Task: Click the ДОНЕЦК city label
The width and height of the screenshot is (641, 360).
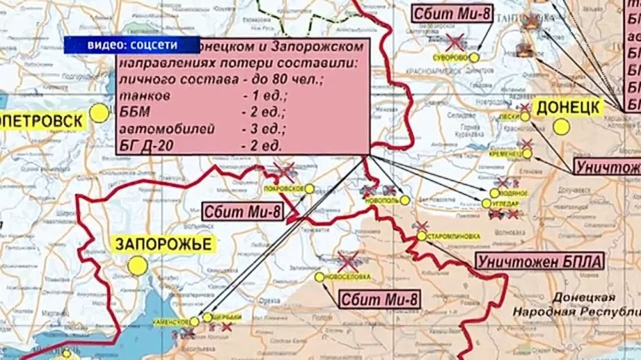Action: [569, 107]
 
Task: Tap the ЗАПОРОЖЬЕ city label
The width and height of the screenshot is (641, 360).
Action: [162, 243]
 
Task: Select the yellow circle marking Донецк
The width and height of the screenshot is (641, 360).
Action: [562, 127]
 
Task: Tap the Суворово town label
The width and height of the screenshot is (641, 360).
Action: [452, 58]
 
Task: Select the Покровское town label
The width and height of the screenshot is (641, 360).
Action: [283, 189]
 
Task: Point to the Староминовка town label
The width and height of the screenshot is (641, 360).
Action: [453, 236]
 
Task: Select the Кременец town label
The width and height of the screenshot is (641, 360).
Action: [504, 154]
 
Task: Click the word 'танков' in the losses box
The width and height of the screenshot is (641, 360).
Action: [145, 95]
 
